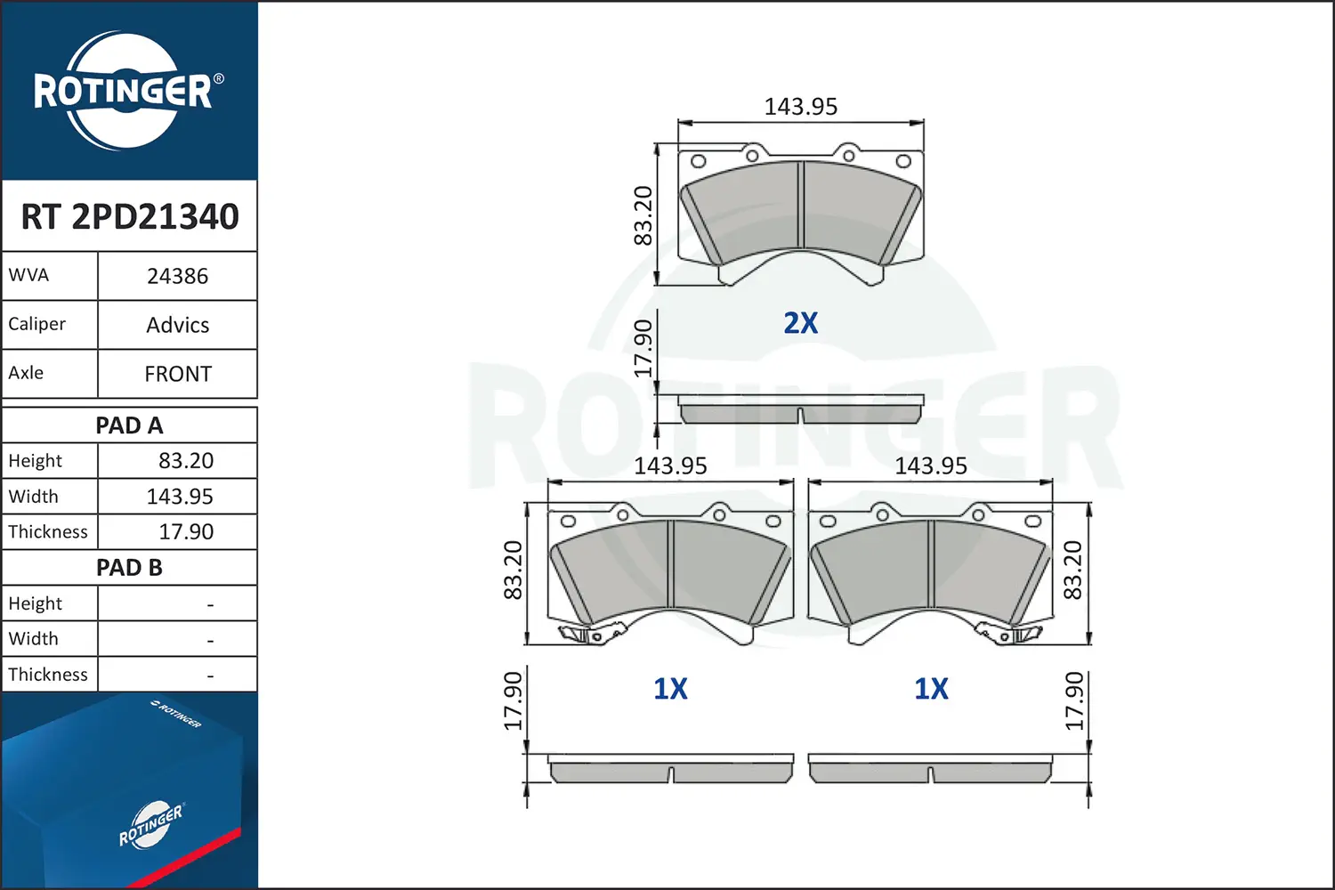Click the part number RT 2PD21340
point(129,215)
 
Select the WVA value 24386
point(178,276)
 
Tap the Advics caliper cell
point(178,325)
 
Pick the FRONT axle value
point(178,374)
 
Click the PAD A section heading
point(129,425)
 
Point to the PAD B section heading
point(129,568)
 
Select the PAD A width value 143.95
point(180,496)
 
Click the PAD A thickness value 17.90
point(185,531)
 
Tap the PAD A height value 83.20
point(185,460)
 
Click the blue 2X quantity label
point(800,322)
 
